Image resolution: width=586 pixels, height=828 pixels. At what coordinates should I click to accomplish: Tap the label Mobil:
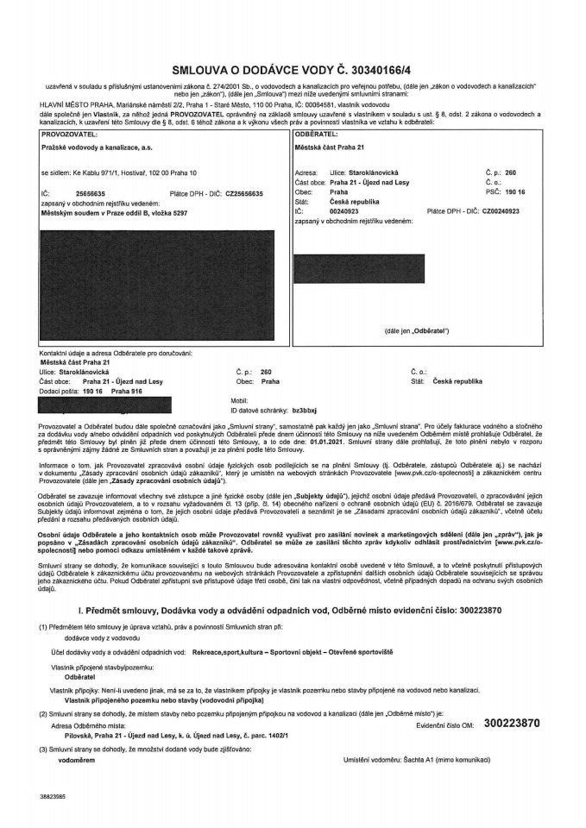click(240, 401)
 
